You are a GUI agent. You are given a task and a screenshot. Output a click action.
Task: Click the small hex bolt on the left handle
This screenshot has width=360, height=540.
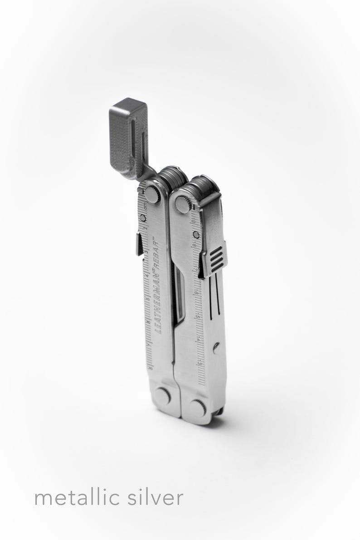[x=144, y=219]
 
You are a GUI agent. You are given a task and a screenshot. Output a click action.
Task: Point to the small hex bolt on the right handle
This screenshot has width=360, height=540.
[x=196, y=235]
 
